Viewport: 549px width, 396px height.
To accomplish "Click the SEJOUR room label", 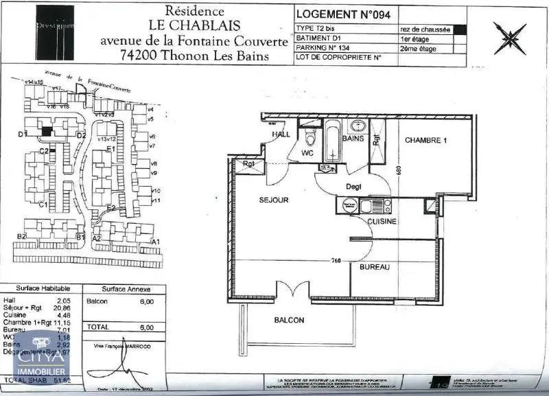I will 274,200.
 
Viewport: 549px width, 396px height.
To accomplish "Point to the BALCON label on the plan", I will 289,320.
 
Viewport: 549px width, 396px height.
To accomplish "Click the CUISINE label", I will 382,222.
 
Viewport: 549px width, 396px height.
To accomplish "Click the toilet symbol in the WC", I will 309,139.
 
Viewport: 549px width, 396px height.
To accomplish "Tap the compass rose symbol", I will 509,38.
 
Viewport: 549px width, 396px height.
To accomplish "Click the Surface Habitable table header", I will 38,289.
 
